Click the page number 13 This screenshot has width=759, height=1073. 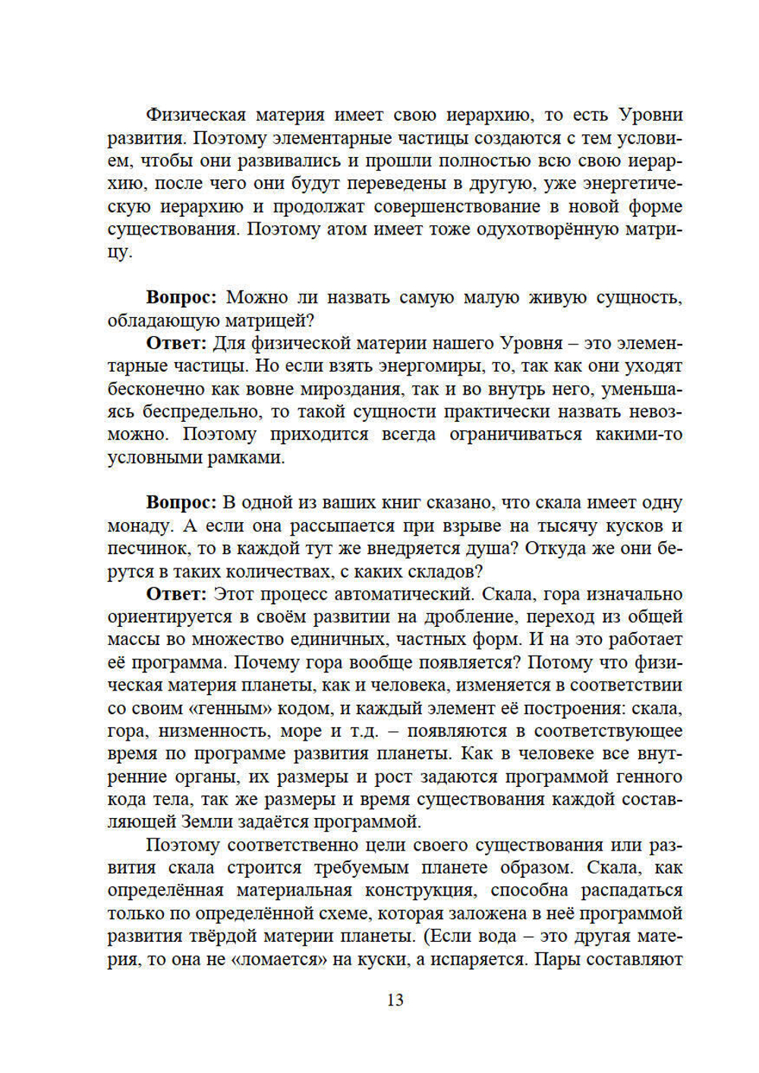[x=395, y=999]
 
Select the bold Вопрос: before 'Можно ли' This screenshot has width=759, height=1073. [x=181, y=297]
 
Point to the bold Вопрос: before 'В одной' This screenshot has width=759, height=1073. [x=181, y=502]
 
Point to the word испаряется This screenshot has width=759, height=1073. [x=478, y=958]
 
